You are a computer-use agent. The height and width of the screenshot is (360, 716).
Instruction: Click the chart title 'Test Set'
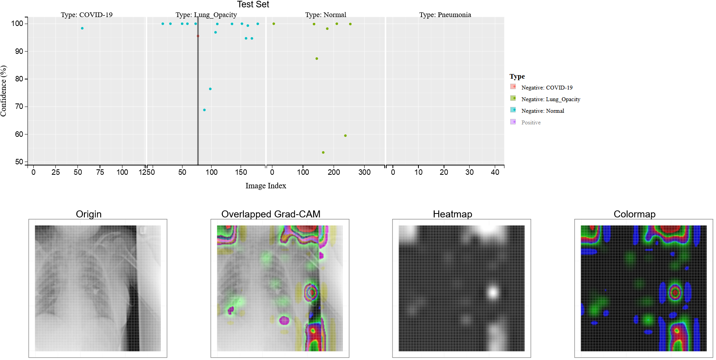(253, 5)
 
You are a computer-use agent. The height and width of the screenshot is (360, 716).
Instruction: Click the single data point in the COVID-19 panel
(82, 28)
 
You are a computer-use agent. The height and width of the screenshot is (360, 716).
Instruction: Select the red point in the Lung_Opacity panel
(198, 36)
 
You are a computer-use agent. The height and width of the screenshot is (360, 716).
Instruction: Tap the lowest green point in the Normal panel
(323, 152)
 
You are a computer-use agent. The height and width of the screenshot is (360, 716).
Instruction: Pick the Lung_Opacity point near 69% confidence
(205, 110)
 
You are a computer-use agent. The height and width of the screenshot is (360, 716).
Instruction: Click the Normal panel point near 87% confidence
(317, 59)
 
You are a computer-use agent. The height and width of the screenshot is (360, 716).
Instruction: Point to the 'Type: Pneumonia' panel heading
(445, 15)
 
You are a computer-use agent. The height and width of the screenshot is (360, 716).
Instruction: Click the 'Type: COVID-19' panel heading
(86, 15)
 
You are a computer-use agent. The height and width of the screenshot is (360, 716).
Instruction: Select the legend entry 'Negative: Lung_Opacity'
(551, 99)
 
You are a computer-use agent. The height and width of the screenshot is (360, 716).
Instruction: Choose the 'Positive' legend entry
(531, 122)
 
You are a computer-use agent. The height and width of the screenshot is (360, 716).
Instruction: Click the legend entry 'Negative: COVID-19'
(547, 88)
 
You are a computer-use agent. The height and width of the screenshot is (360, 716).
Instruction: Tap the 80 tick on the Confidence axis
(19, 79)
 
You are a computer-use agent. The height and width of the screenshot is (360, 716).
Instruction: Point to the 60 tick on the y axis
(19, 134)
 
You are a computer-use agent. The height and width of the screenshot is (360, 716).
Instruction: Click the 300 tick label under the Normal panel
(364, 172)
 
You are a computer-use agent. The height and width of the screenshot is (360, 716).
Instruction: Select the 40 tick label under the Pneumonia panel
(495, 172)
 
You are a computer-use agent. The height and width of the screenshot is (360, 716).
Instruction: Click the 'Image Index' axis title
(266, 186)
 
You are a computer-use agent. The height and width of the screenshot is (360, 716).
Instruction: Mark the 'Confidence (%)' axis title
(4, 91)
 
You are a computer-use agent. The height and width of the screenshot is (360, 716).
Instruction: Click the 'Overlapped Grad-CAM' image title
(271, 214)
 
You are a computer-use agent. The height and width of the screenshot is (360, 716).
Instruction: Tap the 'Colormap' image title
(634, 214)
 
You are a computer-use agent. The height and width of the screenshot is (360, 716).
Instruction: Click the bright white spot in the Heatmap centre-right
(493, 292)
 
